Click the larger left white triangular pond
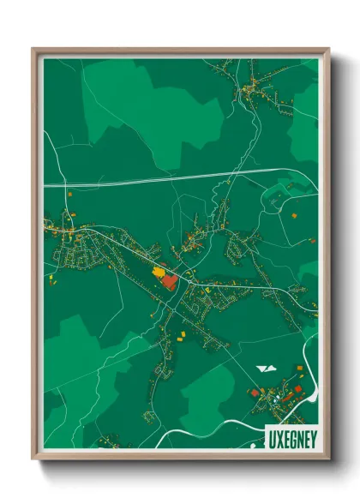tap(263, 369)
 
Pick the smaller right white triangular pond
tap(273, 369)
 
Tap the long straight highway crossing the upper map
tap(171, 178)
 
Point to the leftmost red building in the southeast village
tap(254, 392)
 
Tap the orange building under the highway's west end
tap(70, 196)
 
